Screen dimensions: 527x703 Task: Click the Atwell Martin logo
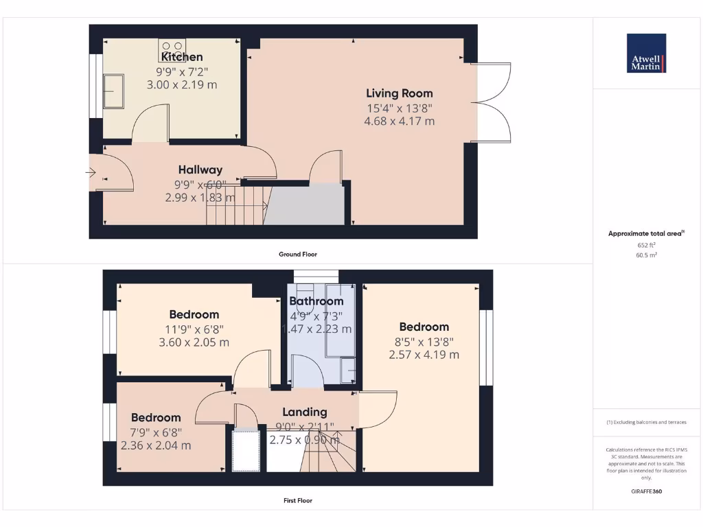pyautogui.click(x=646, y=53)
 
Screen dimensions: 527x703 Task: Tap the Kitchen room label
pyautogui.click(x=182, y=57)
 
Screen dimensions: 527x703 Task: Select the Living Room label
pyautogui.click(x=399, y=93)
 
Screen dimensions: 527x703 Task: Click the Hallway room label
pyautogui.click(x=200, y=169)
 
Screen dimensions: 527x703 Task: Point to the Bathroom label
pyautogui.click(x=316, y=301)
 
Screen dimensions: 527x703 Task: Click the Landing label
pyautogui.click(x=305, y=412)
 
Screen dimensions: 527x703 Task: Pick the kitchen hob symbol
pyautogui.click(x=172, y=50)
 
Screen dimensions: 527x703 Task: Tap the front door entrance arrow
pyautogui.click(x=91, y=174)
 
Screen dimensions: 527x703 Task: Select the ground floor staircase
pyautogui.click(x=235, y=205)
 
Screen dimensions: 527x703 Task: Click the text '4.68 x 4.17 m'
pyautogui.click(x=399, y=121)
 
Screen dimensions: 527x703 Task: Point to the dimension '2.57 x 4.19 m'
pyautogui.click(x=424, y=355)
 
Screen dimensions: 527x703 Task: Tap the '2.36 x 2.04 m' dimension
pyautogui.click(x=156, y=445)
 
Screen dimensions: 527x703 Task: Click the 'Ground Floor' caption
pyautogui.click(x=297, y=254)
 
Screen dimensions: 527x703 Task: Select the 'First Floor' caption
pyautogui.click(x=297, y=500)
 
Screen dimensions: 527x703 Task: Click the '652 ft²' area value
pyautogui.click(x=646, y=244)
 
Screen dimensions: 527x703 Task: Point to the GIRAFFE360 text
pyautogui.click(x=646, y=491)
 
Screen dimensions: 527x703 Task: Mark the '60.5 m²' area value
pyautogui.click(x=646, y=255)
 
